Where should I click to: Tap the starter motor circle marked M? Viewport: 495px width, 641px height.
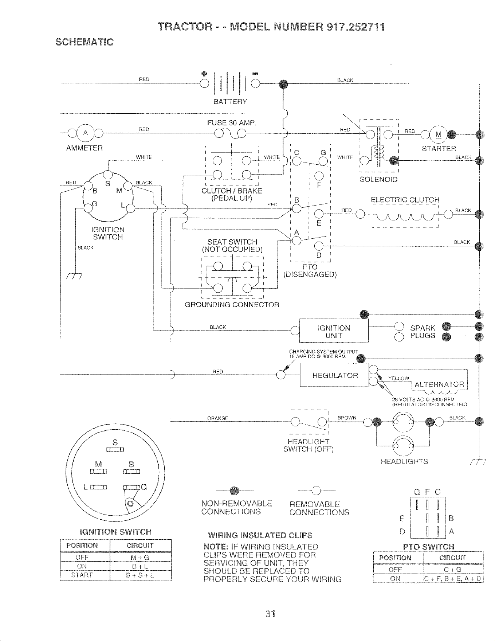coord(439,134)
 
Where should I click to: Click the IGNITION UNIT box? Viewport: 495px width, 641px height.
coord(334,331)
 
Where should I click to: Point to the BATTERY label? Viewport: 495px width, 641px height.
coord(230,102)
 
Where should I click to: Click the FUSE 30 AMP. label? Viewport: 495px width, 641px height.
coord(232,123)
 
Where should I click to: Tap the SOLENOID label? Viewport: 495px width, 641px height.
coord(378,179)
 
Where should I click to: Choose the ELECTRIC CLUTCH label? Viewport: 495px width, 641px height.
coord(405,200)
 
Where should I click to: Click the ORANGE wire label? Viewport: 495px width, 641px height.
coord(218,418)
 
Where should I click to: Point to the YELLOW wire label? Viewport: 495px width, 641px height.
coord(399,378)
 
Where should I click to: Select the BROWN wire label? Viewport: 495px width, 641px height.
coord(347,418)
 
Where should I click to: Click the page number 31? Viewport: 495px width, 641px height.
coord(270,614)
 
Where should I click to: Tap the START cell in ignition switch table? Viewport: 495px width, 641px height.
coord(82,575)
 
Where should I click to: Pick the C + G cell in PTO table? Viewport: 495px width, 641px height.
coord(453,570)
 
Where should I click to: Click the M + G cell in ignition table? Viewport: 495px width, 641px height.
coord(140,558)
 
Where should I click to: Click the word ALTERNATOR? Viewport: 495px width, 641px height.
coord(439,384)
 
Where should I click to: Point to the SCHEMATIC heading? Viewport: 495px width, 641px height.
coord(85,42)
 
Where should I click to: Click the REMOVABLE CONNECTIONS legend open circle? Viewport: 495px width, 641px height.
coord(316,492)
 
